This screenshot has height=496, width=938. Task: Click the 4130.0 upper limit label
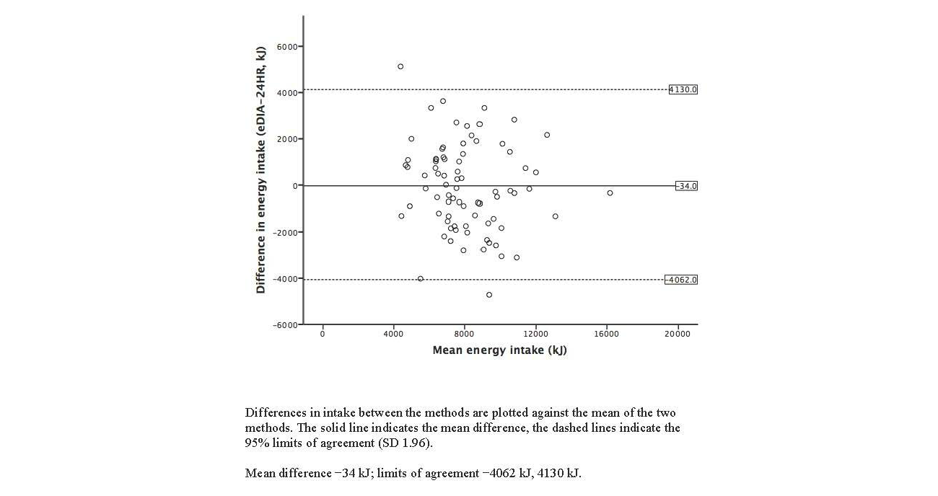683,90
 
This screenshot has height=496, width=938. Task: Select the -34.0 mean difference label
686,186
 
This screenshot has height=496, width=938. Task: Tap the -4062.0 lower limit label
681,280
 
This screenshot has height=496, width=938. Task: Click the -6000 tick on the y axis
284,325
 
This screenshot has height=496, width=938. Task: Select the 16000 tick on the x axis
606,335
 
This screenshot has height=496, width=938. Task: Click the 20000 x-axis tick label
677,335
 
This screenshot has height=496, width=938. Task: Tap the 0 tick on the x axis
323,335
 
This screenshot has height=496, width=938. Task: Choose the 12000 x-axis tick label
535,335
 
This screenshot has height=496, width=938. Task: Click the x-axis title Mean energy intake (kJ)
499,351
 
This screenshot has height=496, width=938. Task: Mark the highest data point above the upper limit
400,66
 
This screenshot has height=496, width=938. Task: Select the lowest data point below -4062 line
489,295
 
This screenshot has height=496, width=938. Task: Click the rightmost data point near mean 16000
610,193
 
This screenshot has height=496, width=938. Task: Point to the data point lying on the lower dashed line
421,279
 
